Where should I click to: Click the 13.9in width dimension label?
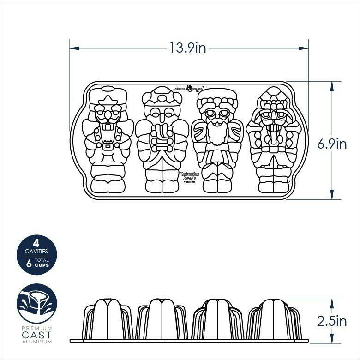[187, 48]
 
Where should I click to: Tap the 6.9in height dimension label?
[332, 144]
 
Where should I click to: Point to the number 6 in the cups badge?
[29, 264]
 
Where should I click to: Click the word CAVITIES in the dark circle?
[36, 252]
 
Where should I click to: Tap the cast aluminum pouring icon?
[36, 303]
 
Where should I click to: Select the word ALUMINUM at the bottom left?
[36, 342]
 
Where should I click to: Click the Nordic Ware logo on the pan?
[188, 88]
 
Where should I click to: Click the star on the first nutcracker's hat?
[108, 101]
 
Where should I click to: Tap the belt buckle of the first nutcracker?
[108, 146]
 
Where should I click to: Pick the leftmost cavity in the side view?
[108, 319]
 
